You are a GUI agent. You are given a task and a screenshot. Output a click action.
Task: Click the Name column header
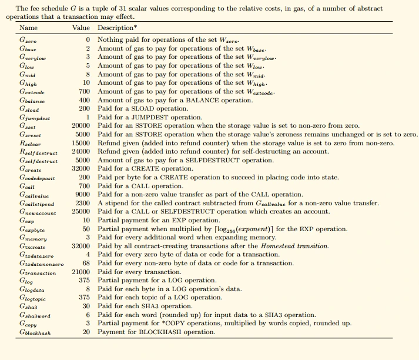28,28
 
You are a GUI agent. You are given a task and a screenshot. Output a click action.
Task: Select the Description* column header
118,28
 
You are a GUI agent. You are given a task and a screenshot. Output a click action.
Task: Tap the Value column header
81,28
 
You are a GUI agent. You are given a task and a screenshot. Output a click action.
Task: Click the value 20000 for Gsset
80,126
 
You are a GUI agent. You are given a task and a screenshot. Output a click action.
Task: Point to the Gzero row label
28,39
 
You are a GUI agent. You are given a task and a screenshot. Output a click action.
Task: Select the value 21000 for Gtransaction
80,272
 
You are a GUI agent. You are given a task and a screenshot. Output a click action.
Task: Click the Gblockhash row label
35,332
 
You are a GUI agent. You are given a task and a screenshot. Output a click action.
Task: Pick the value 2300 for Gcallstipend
82,203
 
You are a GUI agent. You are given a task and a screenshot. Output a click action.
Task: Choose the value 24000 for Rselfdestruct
80,151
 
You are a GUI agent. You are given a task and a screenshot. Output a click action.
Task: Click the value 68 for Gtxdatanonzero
85,263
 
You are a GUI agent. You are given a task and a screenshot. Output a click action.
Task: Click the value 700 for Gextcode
84,92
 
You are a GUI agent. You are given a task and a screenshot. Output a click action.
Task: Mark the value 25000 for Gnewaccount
80,211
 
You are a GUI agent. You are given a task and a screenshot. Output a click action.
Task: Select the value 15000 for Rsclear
80,143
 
